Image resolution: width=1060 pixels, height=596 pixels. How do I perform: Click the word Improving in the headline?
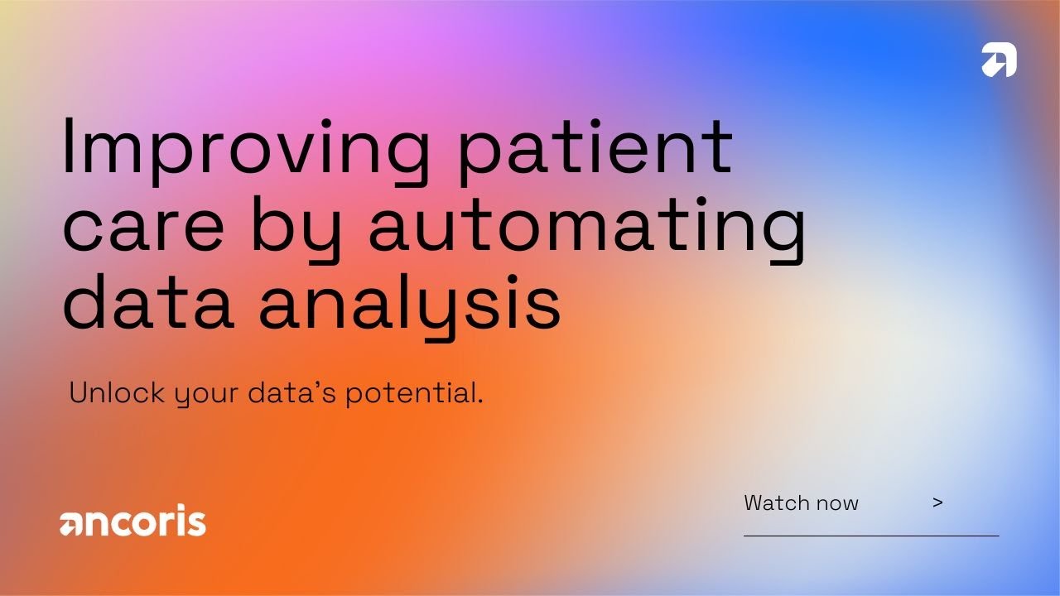pos(245,149)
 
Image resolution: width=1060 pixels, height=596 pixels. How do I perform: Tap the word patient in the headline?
pos(596,149)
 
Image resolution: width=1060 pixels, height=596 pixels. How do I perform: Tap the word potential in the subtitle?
pos(410,392)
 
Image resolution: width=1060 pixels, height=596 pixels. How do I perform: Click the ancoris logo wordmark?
pos(132,522)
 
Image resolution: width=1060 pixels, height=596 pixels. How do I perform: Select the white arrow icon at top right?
pos(999,60)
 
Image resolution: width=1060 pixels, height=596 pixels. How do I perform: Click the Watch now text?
pos(801,502)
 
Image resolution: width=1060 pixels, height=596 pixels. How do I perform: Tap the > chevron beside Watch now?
pos(937,502)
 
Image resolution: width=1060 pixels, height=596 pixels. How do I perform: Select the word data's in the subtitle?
pos(292,392)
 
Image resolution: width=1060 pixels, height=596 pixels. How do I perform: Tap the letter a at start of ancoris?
pos(70,524)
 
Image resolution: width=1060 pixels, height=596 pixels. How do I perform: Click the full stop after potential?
pos(479,401)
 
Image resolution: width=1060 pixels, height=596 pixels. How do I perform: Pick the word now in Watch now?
pos(837,503)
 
